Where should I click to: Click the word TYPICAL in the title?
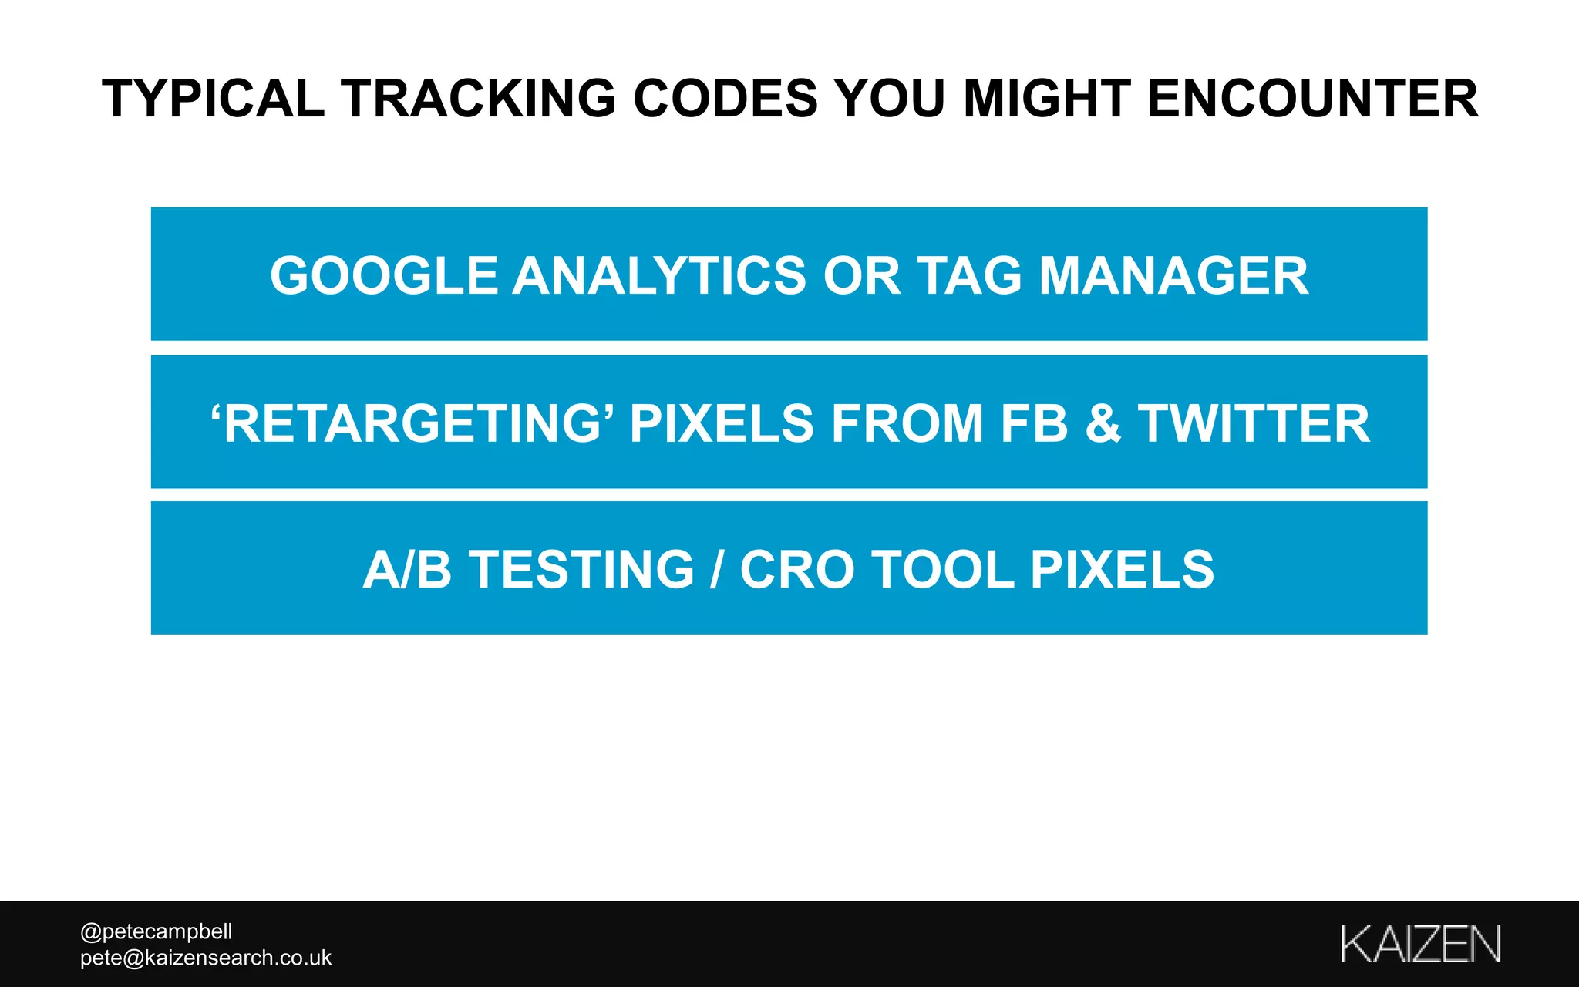tap(214, 99)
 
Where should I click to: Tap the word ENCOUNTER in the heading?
tap(1312, 99)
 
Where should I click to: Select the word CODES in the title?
tap(725, 99)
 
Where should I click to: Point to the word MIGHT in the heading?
tap(1047, 99)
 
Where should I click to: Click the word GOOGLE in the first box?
tap(384, 276)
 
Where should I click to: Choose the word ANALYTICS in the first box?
tap(659, 276)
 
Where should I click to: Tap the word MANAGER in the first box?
tap(1173, 276)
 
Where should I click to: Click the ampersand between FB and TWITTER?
tap(1103, 423)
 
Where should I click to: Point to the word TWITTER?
tap(1254, 423)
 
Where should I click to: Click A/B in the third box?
tap(407, 570)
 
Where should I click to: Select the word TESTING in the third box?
tap(582, 570)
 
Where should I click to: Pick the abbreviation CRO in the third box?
tap(797, 570)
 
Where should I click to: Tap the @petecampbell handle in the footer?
tap(157, 931)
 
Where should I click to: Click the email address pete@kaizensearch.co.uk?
tap(206, 958)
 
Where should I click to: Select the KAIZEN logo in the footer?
tap(1420, 944)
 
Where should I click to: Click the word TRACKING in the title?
tap(479, 99)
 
